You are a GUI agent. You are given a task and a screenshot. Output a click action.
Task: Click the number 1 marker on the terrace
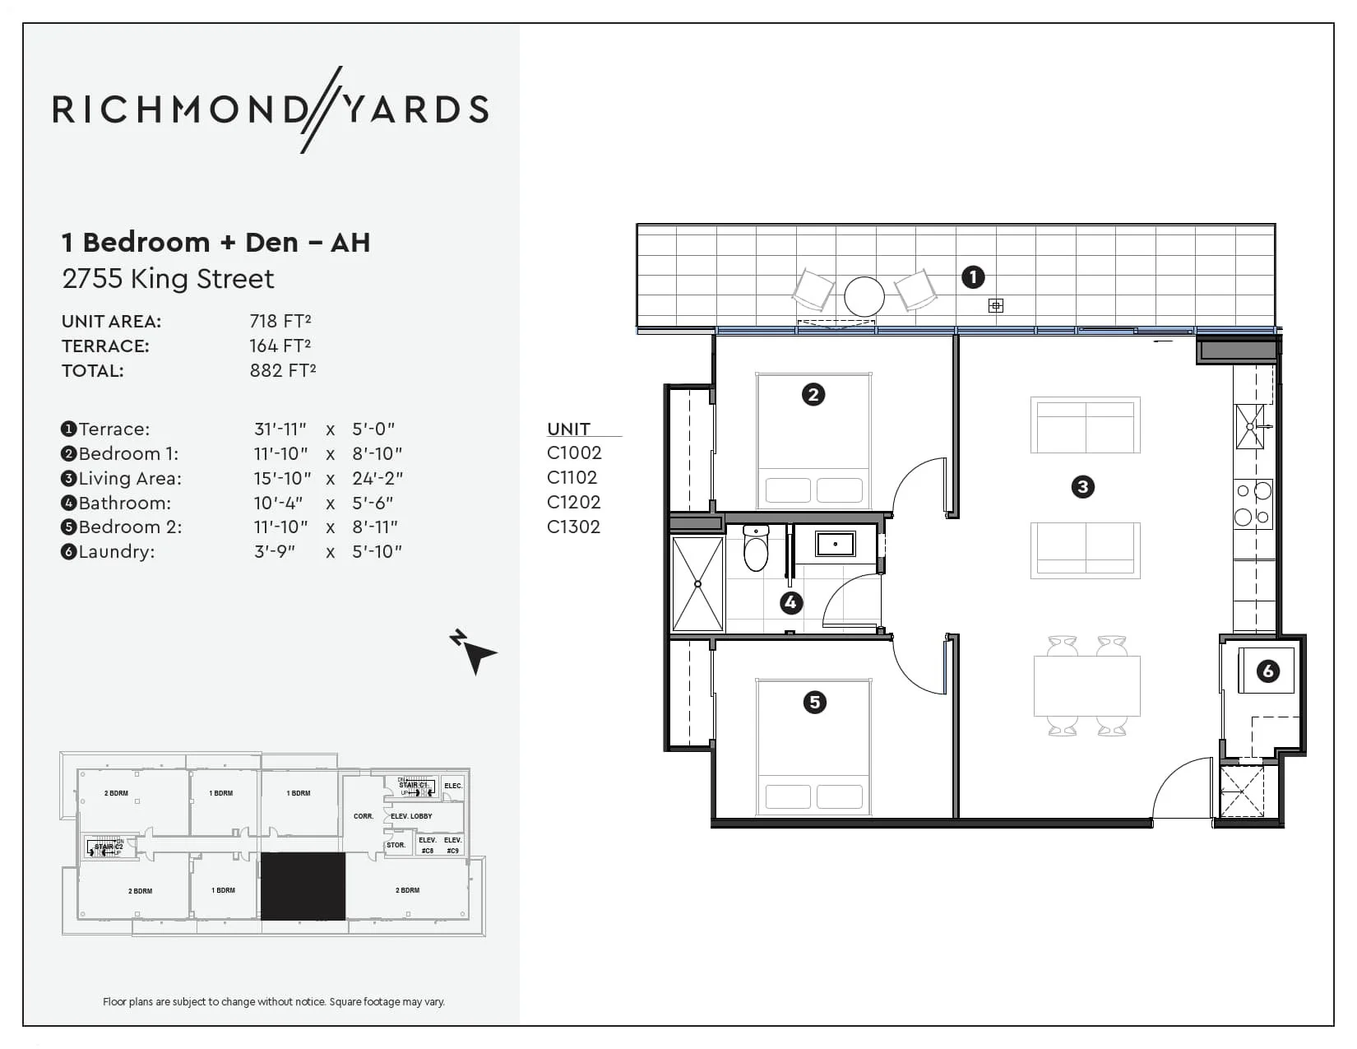(973, 277)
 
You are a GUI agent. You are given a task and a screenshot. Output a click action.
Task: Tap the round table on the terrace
(864, 295)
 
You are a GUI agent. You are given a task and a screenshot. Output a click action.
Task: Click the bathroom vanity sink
(835, 544)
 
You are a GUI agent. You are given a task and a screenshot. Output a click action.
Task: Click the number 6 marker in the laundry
(1267, 671)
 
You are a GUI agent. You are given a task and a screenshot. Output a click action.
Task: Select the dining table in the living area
(1086, 685)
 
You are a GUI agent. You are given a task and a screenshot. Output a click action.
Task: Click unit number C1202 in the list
(573, 502)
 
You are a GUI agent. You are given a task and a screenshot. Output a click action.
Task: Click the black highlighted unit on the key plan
(303, 886)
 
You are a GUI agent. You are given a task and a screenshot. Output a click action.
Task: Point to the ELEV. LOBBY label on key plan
(411, 816)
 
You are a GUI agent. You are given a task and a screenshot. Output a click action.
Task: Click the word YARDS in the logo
(416, 109)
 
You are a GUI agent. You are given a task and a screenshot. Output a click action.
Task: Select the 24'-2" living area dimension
(377, 478)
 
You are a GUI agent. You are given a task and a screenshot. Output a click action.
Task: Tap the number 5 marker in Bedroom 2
(814, 702)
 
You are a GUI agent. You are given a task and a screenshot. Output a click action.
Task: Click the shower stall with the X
(697, 584)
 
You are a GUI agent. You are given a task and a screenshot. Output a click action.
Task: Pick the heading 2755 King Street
(168, 279)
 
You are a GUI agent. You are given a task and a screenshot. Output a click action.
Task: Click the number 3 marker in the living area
(1082, 487)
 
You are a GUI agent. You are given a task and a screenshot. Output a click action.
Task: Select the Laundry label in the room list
(116, 551)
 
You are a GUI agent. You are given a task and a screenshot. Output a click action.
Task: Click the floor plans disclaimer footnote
(274, 1001)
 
